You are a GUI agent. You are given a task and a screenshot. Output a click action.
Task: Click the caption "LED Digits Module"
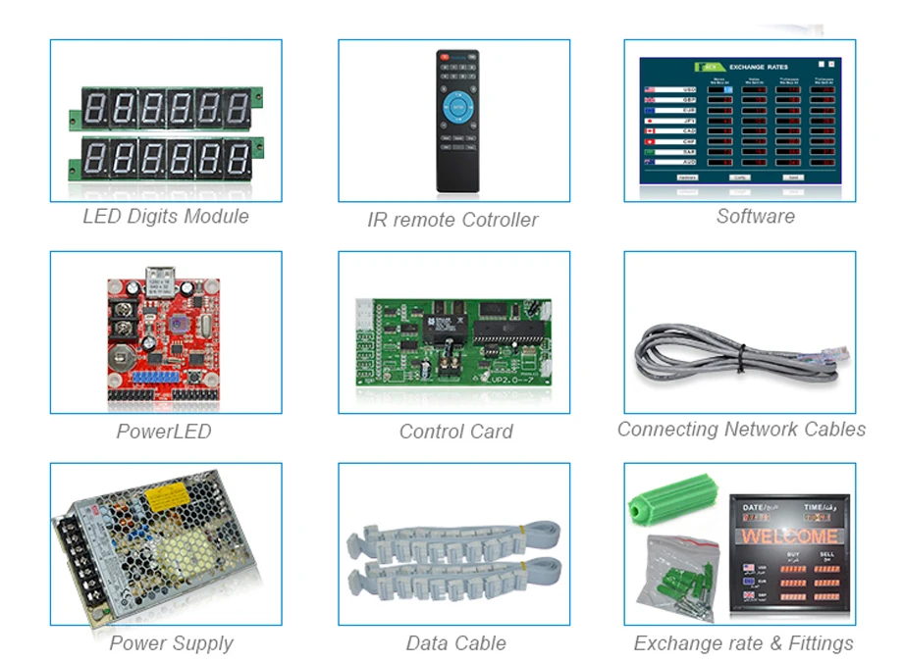point(165,217)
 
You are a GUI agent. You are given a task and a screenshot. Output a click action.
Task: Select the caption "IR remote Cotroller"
point(453,220)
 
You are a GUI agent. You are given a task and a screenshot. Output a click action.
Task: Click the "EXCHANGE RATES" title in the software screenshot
point(759,67)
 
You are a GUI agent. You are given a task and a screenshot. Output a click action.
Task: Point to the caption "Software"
point(755,217)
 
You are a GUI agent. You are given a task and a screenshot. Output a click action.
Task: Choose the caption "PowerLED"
point(163,432)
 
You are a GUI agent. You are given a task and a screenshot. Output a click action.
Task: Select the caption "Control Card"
point(455,432)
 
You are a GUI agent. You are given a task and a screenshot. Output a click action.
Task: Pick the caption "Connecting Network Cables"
point(741,430)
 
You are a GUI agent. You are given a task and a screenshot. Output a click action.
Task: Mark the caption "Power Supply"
point(171,644)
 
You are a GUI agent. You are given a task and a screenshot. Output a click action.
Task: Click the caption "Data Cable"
point(455,644)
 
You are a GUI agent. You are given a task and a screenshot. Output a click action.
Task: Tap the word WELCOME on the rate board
point(789,536)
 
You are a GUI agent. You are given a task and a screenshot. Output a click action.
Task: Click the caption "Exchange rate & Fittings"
point(743,644)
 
